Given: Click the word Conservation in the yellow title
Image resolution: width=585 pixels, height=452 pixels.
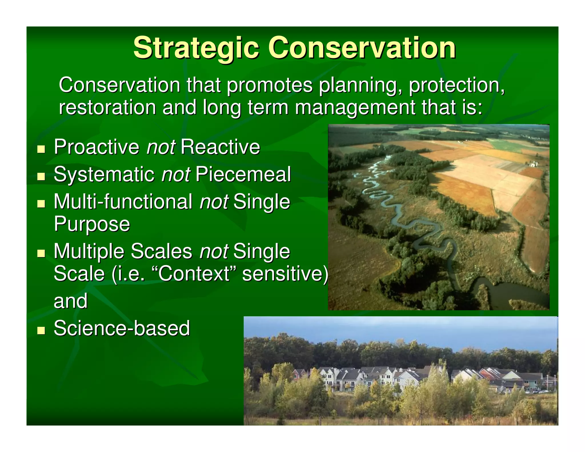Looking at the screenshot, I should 361,47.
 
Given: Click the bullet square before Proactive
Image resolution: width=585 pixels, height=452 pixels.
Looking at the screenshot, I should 41,149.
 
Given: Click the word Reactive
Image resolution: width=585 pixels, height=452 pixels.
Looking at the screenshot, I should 220,147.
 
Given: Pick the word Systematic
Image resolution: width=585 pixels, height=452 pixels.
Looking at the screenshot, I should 104,174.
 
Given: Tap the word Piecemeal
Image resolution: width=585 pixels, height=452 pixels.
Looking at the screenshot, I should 243,174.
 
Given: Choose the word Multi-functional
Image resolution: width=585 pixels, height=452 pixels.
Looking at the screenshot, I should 123,202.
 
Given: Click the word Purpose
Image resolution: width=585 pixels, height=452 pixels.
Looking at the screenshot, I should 92,224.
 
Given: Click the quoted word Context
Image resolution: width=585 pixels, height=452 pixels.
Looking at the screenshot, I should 194,273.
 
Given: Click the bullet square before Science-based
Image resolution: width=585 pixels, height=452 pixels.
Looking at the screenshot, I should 41,330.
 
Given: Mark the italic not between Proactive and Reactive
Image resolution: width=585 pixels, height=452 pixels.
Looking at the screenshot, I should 161,147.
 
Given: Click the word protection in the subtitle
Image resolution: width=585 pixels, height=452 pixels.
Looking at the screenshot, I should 456,85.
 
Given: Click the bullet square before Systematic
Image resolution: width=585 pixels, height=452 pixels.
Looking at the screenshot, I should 41,176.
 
